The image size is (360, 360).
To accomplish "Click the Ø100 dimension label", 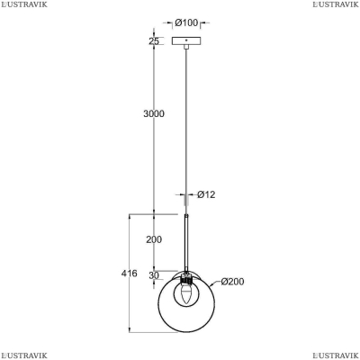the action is (186, 22).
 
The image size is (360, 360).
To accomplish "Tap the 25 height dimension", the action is (154, 41).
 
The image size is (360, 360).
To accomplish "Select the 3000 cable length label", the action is (154, 113).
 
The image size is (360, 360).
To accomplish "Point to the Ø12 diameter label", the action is (206, 194).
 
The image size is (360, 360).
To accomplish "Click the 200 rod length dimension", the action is (154, 239).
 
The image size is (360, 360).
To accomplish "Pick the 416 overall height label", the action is (130, 274).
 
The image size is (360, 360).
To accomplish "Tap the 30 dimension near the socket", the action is (154, 275).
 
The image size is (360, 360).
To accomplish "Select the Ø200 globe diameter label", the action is (232, 282).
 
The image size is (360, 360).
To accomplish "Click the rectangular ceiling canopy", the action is (186, 40).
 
